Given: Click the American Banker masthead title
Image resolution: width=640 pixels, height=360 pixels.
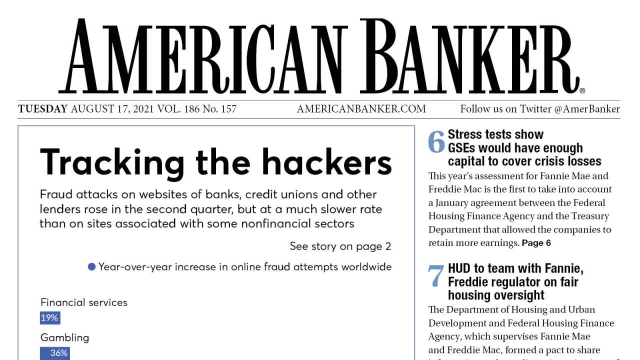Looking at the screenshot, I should tap(320, 56).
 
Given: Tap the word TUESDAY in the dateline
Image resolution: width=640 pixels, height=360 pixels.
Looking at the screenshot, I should tap(42, 109).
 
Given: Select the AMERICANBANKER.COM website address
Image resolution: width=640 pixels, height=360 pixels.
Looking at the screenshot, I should tap(361, 109).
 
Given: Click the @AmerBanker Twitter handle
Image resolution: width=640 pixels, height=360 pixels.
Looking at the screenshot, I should tap(587, 109).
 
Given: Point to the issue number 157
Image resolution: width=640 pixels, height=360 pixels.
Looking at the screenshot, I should tap(228, 109).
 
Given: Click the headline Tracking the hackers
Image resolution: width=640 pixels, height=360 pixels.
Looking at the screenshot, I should tap(215, 162).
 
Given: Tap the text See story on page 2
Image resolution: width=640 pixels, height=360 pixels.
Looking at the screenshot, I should tap(340, 246).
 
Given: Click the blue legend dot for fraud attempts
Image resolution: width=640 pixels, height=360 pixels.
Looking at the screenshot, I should tap(91, 266).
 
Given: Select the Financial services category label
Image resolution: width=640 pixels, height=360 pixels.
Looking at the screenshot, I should tap(84, 302).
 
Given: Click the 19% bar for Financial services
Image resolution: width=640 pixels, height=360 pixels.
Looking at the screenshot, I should tap(50, 317).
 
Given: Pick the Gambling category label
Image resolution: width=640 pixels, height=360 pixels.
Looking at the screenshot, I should tap(64, 337).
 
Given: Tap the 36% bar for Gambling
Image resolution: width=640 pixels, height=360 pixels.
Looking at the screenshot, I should tap(55, 353).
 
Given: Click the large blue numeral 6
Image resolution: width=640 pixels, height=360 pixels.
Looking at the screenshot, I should tap(436, 142).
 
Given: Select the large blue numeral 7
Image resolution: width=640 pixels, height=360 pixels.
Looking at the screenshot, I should tap(436, 276).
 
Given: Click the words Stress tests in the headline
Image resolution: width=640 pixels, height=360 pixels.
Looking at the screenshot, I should tap(478, 134).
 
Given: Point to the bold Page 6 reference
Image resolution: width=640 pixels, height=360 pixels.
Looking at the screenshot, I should tap(536, 243).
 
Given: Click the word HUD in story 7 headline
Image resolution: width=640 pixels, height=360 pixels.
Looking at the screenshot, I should tap(459, 268).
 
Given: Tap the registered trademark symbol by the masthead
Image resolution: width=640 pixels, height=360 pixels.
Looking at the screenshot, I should tap(582, 91).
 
